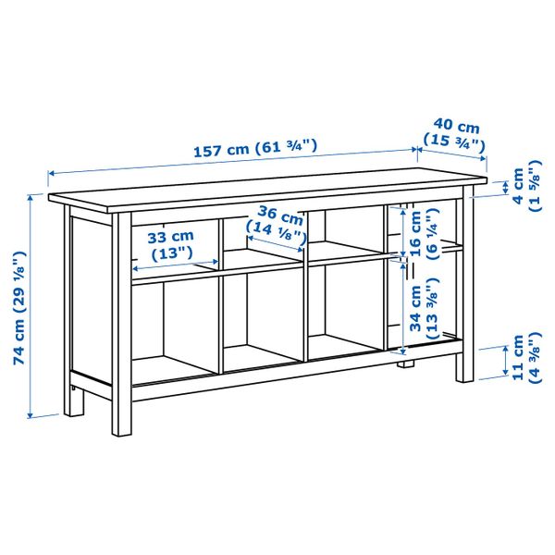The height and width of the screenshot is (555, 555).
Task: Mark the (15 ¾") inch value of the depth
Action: [454, 142]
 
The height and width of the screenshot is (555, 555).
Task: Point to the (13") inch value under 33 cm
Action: [172, 253]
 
